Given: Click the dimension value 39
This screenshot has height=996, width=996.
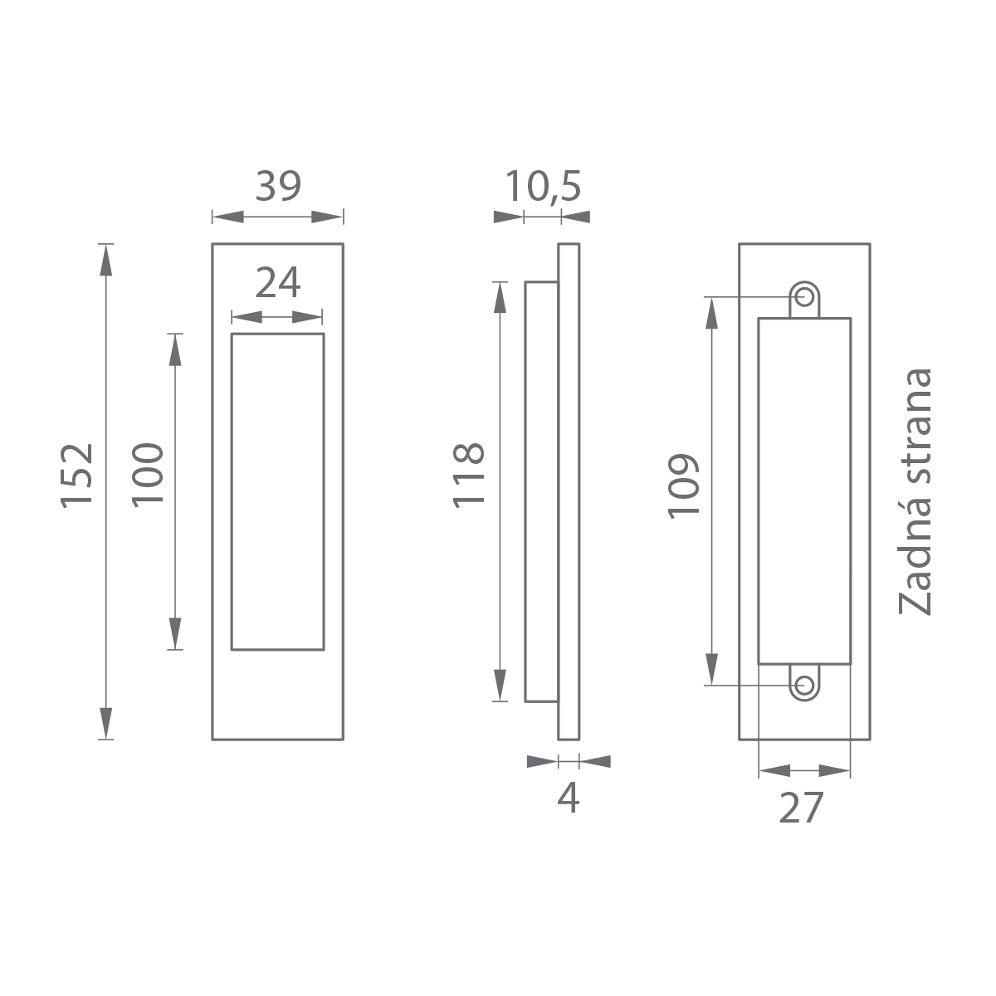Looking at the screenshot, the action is coord(278,186).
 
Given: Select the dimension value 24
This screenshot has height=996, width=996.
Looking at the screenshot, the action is coord(277,283).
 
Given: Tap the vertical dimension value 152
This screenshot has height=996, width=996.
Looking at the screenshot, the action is coord(77,476).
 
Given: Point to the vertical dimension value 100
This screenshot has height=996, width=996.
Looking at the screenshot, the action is coord(148,475).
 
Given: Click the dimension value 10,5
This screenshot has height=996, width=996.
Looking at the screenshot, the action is coord(543,187).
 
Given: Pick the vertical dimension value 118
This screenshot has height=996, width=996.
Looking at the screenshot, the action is coord(469,476).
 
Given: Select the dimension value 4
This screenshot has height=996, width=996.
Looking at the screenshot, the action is coord(569,798).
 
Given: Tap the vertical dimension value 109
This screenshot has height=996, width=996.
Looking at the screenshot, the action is coord(683,486).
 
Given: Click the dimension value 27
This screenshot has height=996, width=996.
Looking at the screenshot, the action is coord(801,808).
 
